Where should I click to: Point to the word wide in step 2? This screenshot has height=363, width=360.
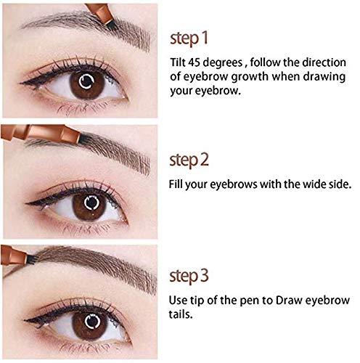[299, 184]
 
